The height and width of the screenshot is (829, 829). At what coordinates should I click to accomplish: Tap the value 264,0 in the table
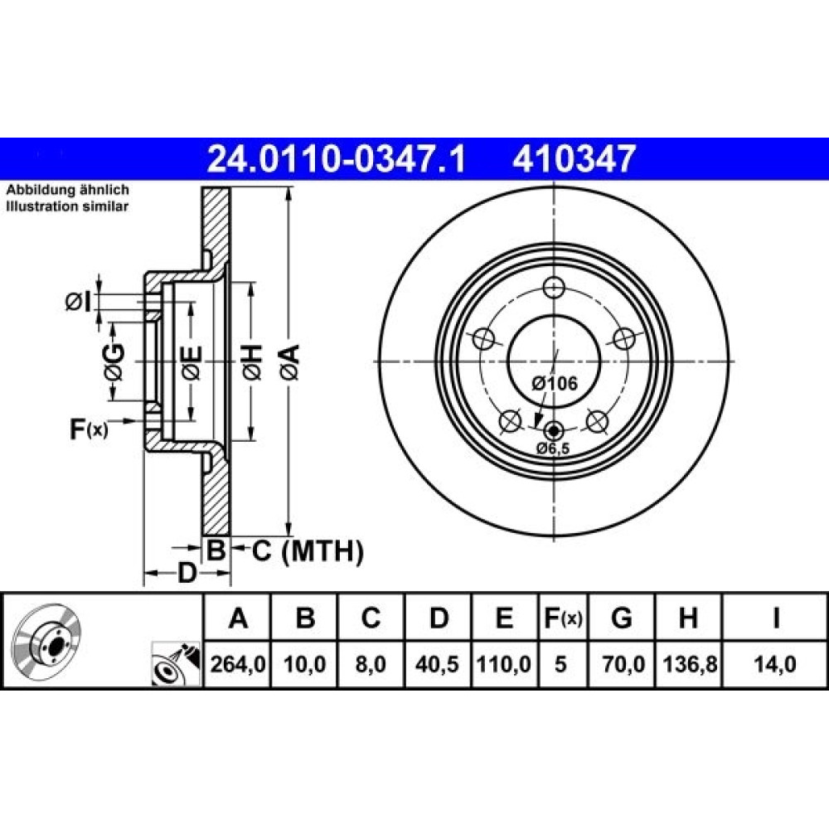pyautogui.click(x=237, y=664)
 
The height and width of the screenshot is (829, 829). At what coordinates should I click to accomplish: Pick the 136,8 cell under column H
pyautogui.click(x=690, y=664)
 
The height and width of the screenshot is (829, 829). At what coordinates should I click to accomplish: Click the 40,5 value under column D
pyautogui.click(x=437, y=664)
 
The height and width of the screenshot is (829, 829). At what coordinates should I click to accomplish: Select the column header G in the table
pyautogui.click(x=621, y=618)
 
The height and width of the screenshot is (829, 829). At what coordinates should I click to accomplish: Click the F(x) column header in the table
pyautogui.click(x=563, y=618)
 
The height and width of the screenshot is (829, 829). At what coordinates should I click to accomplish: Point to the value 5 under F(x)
pyautogui.click(x=560, y=664)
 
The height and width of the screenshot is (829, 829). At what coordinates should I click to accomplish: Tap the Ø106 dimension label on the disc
pyautogui.click(x=555, y=383)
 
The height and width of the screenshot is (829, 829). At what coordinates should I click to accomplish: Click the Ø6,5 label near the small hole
pyautogui.click(x=553, y=448)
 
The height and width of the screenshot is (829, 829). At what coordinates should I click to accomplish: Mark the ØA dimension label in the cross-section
pyautogui.click(x=290, y=362)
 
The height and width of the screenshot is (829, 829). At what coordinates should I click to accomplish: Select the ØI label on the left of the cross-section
pyautogui.click(x=78, y=303)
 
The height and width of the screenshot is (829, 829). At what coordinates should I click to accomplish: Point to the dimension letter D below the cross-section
pyautogui.click(x=187, y=573)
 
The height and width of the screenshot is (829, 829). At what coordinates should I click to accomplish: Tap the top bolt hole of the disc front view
pyautogui.click(x=554, y=288)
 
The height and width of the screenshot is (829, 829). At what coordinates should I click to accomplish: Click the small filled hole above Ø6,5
pyautogui.click(x=554, y=431)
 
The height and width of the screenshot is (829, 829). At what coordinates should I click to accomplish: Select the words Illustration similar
pyautogui.click(x=67, y=206)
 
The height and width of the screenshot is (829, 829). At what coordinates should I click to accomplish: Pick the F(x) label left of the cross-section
pyautogui.click(x=89, y=429)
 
